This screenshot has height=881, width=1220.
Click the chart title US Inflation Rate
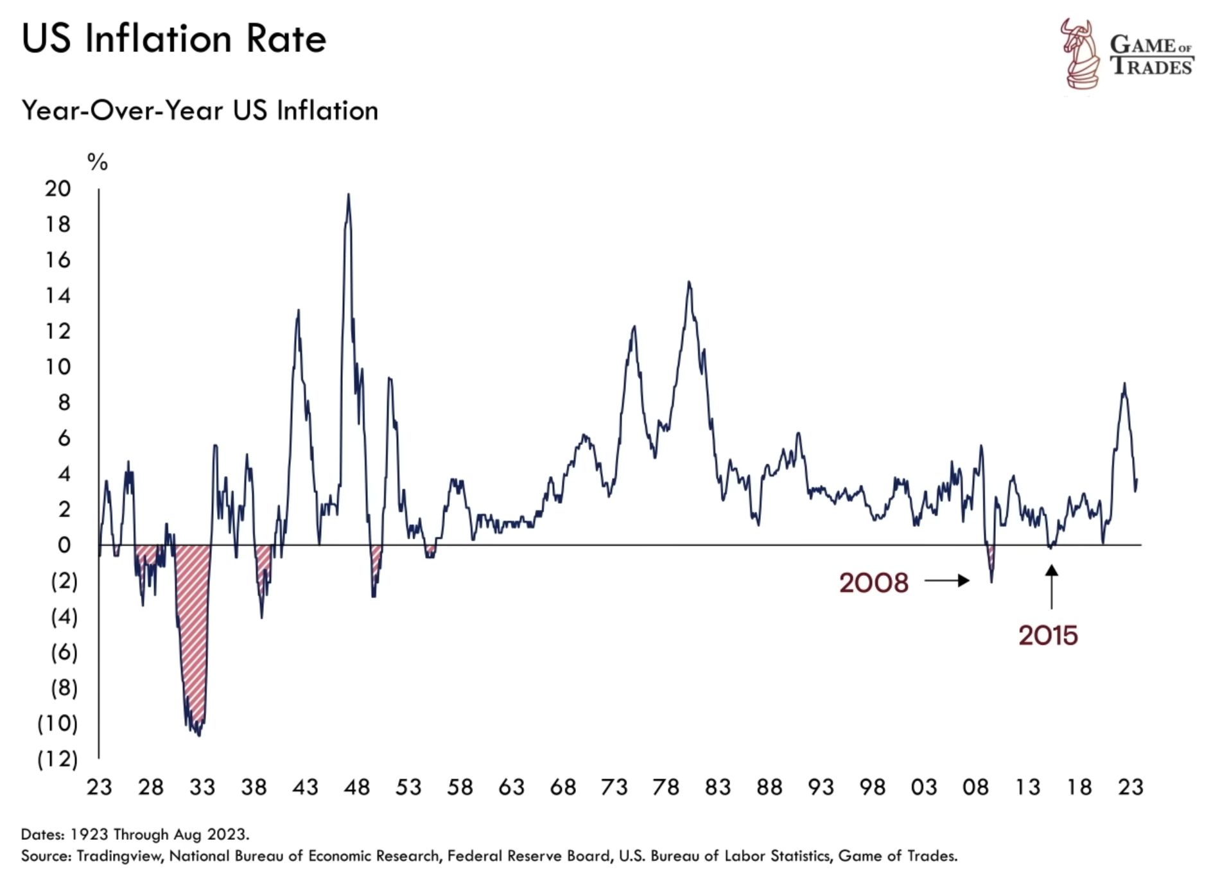pyautogui.click(x=173, y=39)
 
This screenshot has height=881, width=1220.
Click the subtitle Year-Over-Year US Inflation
pyautogui.click(x=200, y=110)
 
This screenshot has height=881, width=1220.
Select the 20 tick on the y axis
pyautogui.click(x=58, y=189)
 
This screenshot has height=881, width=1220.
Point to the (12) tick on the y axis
pyautogui.click(x=57, y=759)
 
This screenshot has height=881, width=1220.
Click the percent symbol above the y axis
pyautogui.click(x=98, y=162)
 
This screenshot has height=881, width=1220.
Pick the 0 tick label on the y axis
pyautogui.click(x=64, y=545)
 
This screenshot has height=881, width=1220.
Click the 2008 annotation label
pyautogui.click(x=874, y=583)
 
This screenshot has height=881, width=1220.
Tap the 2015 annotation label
pyautogui.click(x=1048, y=636)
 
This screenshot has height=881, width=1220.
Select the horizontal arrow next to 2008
pyautogui.click(x=947, y=581)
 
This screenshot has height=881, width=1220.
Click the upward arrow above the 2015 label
pyautogui.click(x=1051, y=586)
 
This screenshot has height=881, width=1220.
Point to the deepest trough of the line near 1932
pyautogui.click(x=199, y=735)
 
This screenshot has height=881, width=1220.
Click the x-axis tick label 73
pyautogui.click(x=614, y=787)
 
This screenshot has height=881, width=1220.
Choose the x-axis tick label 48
pyautogui.click(x=356, y=787)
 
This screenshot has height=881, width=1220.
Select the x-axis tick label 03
pyautogui.click(x=923, y=787)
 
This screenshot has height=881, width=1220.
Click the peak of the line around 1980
pyautogui.click(x=689, y=282)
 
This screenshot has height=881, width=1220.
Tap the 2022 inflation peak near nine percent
pyautogui.click(x=1124, y=384)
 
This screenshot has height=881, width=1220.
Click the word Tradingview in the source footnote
pyautogui.click(x=119, y=856)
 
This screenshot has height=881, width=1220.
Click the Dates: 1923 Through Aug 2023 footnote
pyautogui.click(x=135, y=835)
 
